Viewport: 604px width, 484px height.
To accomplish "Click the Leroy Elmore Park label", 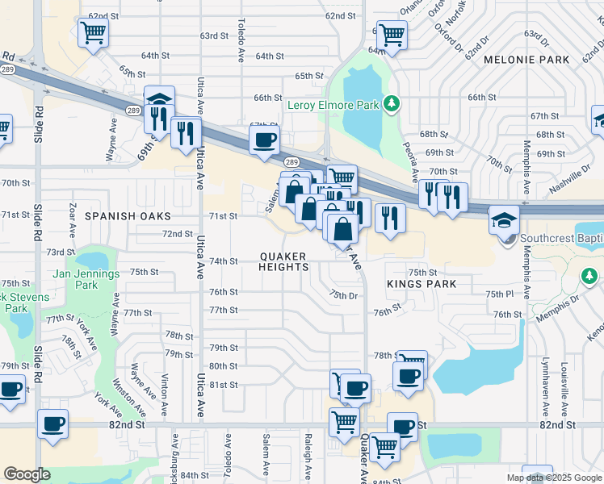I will coord(333,105).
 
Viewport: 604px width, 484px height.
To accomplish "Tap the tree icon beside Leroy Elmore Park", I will coord(392,104).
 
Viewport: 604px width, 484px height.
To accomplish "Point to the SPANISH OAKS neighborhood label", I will coord(128,216).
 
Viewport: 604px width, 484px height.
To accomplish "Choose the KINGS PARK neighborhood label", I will coord(422,284).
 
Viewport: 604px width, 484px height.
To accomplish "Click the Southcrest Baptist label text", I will coord(561,238).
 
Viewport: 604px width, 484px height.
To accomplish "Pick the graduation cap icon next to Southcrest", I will coord(504,219).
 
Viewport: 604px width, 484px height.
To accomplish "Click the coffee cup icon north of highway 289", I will coord(264,141).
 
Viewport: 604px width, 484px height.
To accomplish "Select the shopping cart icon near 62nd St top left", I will coord(93,33).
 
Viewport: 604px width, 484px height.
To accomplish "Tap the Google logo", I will coord(27,474).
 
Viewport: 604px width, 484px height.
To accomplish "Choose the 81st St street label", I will coord(223,385).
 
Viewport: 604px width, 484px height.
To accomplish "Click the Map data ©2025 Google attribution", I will coord(554,478).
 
